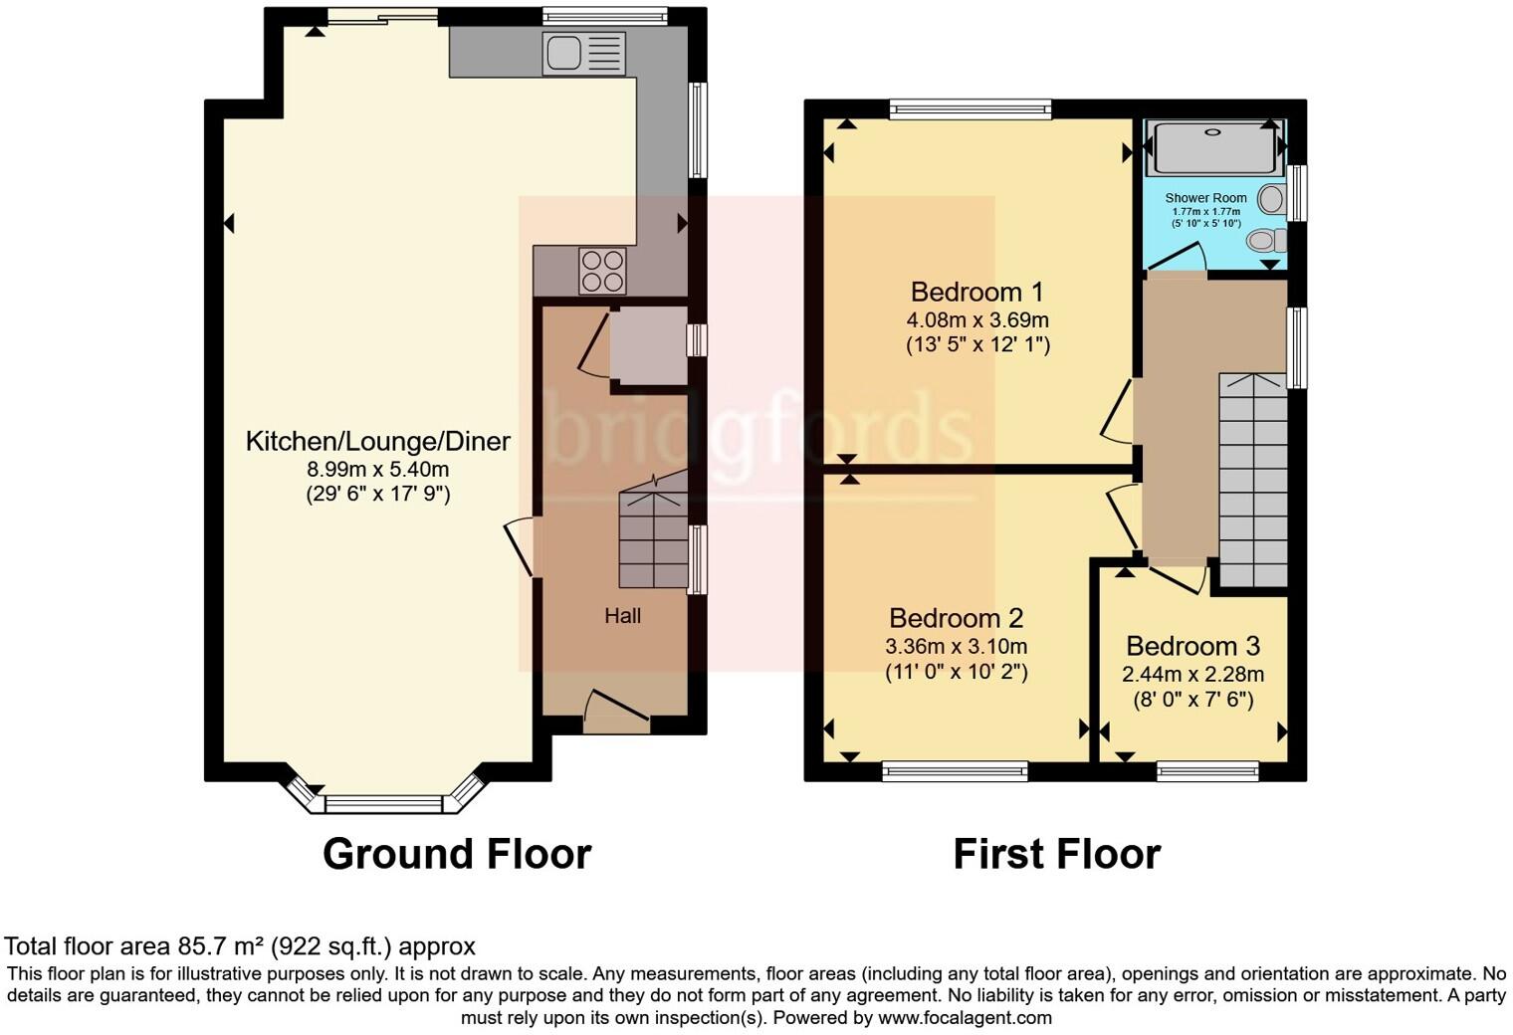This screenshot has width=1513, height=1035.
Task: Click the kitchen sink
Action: [x=584, y=53]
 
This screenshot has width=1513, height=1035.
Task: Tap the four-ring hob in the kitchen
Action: [x=603, y=271]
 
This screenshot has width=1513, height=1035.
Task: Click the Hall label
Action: [x=623, y=616]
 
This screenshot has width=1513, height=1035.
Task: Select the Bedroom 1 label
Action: [x=976, y=293]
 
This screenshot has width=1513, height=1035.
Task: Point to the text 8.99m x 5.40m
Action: [x=377, y=469]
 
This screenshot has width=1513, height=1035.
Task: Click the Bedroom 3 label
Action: [x=1192, y=646]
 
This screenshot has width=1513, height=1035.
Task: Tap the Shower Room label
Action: [x=1205, y=198]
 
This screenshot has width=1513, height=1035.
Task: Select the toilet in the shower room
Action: [x=1265, y=240]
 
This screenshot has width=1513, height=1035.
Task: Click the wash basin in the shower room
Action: [x=1271, y=199]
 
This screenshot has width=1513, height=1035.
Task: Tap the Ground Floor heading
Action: [x=457, y=854]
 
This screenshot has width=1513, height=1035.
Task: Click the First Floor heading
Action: [x=1056, y=854]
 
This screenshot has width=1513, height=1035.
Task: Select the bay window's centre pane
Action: [x=383, y=804]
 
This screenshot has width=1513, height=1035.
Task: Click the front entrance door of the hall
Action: [x=616, y=713]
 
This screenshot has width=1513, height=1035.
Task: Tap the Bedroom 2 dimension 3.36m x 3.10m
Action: [x=956, y=646]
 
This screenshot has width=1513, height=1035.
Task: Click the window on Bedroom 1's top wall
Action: [x=971, y=108]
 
